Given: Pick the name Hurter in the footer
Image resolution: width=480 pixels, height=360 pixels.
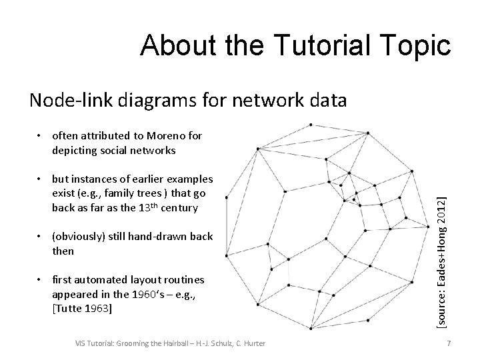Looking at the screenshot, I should [253, 343].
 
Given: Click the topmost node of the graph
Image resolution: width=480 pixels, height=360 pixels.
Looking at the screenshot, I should [312, 124].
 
